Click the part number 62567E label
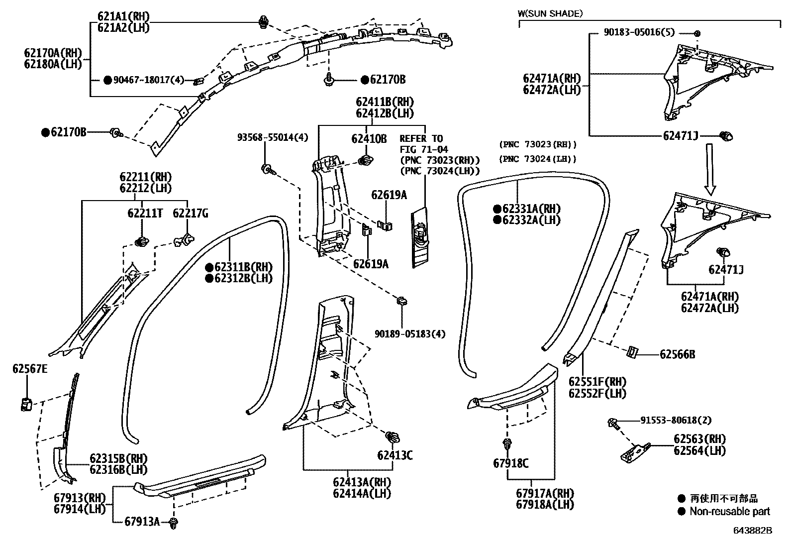point(30,369)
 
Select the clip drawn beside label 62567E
point(26,404)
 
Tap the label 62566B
point(677,354)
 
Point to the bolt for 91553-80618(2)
point(613,424)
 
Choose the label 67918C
point(511,463)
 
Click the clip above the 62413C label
point(393,438)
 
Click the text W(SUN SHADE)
point(550,13)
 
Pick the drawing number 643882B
point(752,531)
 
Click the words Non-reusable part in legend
point(729,511)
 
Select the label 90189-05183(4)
point(410,333)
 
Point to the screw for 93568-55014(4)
point(266,168)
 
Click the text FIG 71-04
point(424,149)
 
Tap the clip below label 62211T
point(141,242)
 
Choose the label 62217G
point(191,214)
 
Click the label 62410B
point(369,139)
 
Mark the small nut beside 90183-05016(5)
point(697,33)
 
